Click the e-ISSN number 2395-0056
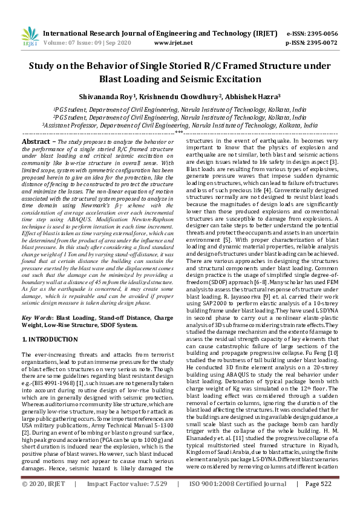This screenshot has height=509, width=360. (x=319, y=34)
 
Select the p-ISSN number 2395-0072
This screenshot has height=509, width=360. (x=319, y=44)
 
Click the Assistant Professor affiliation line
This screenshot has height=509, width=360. (x=180, y=125)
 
